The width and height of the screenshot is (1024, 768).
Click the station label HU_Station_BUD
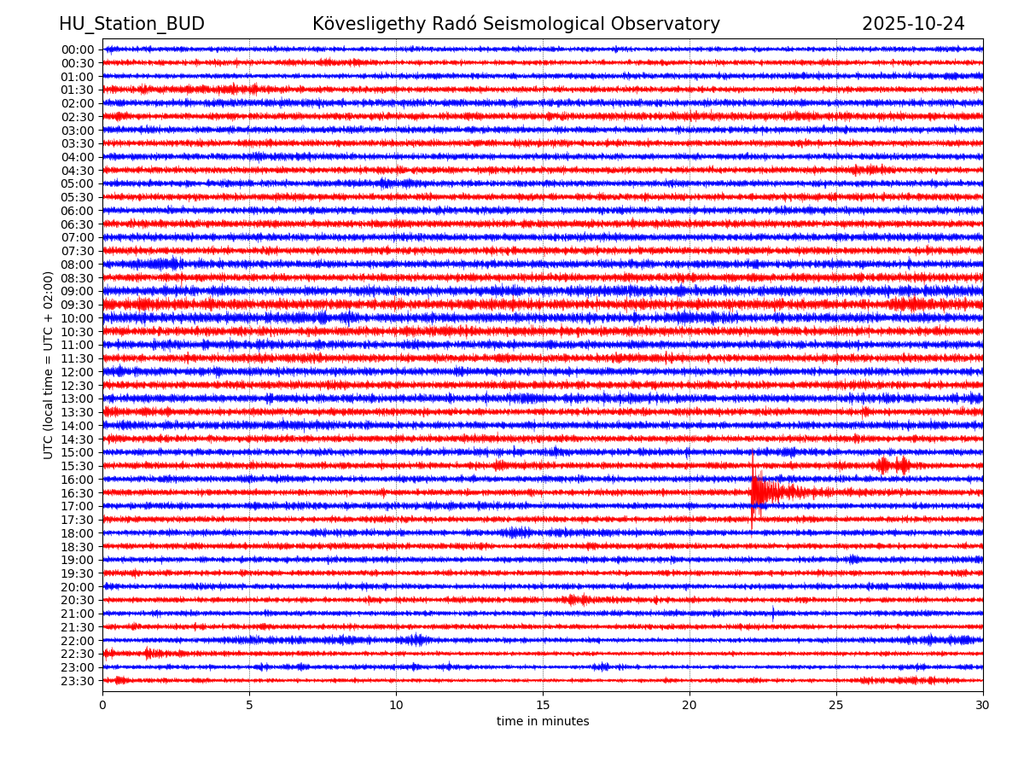click(131, 24)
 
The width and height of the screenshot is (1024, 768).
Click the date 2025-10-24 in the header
click(913, 24)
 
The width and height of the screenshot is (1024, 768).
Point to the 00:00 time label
click(78, 49)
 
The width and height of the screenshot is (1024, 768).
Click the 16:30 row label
click(78, 493)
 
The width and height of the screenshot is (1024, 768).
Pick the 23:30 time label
click(78, 681)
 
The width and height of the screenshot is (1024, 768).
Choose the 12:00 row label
click(78, 372)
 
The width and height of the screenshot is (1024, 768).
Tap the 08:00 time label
click(78, 265)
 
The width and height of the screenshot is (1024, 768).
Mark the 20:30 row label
click(78, 601)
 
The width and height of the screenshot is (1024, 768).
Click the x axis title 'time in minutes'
click(543, 722)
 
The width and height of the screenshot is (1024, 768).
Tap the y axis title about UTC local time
click(49, 365)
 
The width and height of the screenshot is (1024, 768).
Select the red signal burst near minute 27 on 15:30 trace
click(893, 465)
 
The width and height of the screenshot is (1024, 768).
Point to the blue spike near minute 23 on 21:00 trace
click(773, 612)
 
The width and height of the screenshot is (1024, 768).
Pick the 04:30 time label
click(78, 171)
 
